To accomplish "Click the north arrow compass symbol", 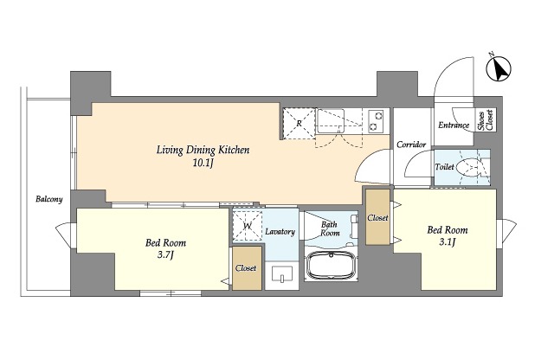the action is (499, 68).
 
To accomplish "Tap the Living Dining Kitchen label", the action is (203, 151).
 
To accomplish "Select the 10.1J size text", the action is (203, 164).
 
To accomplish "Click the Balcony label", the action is (49, 199).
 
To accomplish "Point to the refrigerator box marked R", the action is (299, 124).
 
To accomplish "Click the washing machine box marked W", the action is (248, 226).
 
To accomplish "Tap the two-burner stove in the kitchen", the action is (376, 121).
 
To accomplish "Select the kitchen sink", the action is (331, 121).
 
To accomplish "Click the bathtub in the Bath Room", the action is (331, 266).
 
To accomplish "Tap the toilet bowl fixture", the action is (467, 167).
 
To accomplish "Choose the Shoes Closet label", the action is (486, 120).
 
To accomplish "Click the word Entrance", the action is (454, 125).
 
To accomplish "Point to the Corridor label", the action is (411, 145).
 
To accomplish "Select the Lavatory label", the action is (280, 232).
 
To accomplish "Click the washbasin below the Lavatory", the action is (282, 274).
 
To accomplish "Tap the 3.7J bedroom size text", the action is (165, 255).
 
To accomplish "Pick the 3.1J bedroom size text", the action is (448, 242).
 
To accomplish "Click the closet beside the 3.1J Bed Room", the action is (377, 217).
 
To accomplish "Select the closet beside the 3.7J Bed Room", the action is (247, 268).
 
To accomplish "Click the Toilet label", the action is (444, 167).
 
